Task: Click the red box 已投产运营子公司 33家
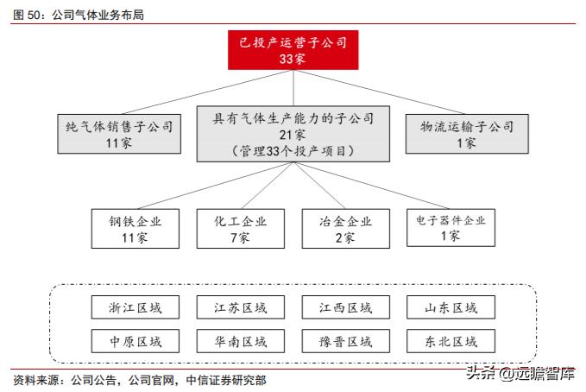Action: [x=293, y=49]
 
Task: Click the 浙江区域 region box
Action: [x=136, y=307]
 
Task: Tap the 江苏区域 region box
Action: [x=241, y=307]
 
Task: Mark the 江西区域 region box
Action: [x=345, y=307]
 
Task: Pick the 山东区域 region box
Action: [x=451, y=307]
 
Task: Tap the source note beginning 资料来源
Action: [x=138, y=380]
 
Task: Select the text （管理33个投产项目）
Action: [x=293, y=150]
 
